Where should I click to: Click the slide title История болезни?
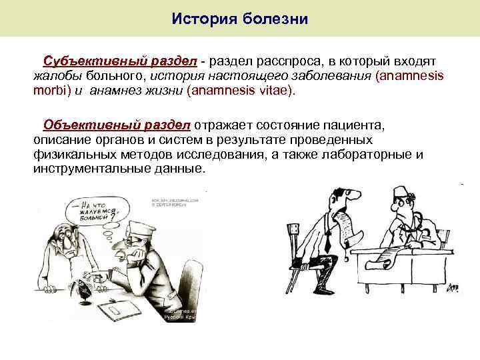click(x=239, y=18)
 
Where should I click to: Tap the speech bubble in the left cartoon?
click(x=95, y=210)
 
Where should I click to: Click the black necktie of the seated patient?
click(x=329, y=240)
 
